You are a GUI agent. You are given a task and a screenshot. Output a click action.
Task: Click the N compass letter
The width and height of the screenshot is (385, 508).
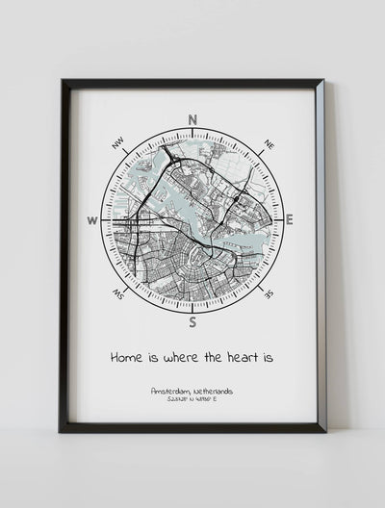point(192,119)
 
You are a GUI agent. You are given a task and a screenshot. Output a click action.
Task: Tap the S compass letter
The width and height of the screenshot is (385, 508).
point(192,321)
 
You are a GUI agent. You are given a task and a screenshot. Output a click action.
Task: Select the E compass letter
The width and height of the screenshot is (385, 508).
point(289,220)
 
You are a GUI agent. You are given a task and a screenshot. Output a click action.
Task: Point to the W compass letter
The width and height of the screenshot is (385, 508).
point(93,220)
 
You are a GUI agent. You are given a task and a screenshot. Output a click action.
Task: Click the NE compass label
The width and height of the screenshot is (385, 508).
point(269,145)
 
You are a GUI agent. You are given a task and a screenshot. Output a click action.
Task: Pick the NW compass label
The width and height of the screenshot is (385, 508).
point(118,144)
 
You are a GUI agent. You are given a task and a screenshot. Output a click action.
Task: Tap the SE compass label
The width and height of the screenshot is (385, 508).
point(269,293)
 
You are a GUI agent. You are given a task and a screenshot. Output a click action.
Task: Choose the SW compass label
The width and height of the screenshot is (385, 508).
point(119,293)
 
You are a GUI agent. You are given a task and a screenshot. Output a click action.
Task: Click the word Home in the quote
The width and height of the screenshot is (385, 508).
point(130,357)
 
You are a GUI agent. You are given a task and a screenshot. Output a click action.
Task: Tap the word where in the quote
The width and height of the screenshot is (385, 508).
point(182,357)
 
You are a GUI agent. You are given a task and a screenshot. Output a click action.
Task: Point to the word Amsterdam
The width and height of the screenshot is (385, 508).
point(170,392)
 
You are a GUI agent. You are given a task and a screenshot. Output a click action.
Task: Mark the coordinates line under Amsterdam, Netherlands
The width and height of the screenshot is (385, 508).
point(192,401)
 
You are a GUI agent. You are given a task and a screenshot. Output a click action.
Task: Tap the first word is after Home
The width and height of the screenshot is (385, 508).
point(153,357)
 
